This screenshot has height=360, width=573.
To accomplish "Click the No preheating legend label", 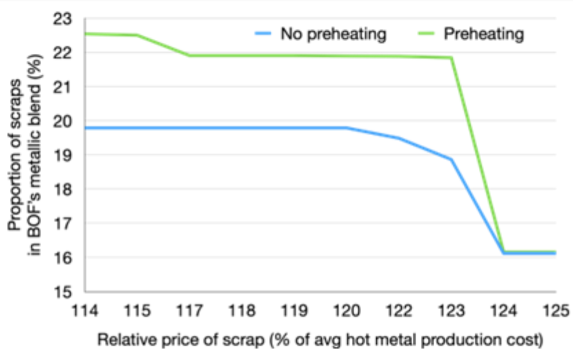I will [x=333, y=34].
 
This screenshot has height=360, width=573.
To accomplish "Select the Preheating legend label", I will [x=483, y=34].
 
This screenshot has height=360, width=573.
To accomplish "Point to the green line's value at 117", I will [x=190, y=56].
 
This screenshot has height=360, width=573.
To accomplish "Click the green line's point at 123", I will [x=451, y=57].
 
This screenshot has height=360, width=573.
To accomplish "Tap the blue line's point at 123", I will [x=451, y=159].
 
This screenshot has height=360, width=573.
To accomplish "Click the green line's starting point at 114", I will [x=85, y=34].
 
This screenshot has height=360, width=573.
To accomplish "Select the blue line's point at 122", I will [x=399, y=138].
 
